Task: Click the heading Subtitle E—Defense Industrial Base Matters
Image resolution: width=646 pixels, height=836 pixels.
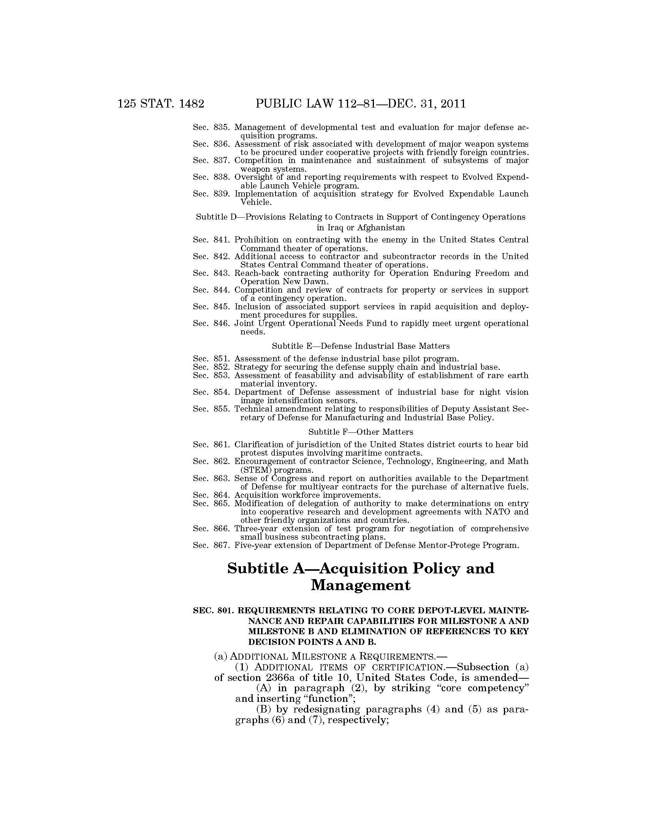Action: click(x=361, y=346)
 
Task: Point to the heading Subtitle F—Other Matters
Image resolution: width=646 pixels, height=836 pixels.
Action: click(x=361, y=432)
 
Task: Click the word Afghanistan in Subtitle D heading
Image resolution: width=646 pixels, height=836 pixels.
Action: click(x=381, y=228)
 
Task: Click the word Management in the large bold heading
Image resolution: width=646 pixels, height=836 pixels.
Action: click(x=361, y=585)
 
